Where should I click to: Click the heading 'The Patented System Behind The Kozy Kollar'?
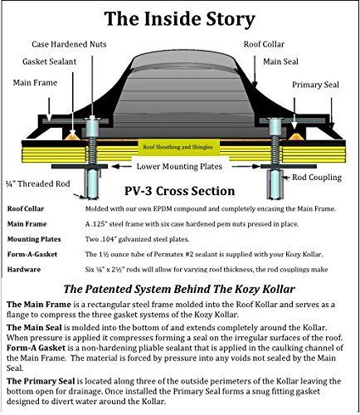coord(179,289)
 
